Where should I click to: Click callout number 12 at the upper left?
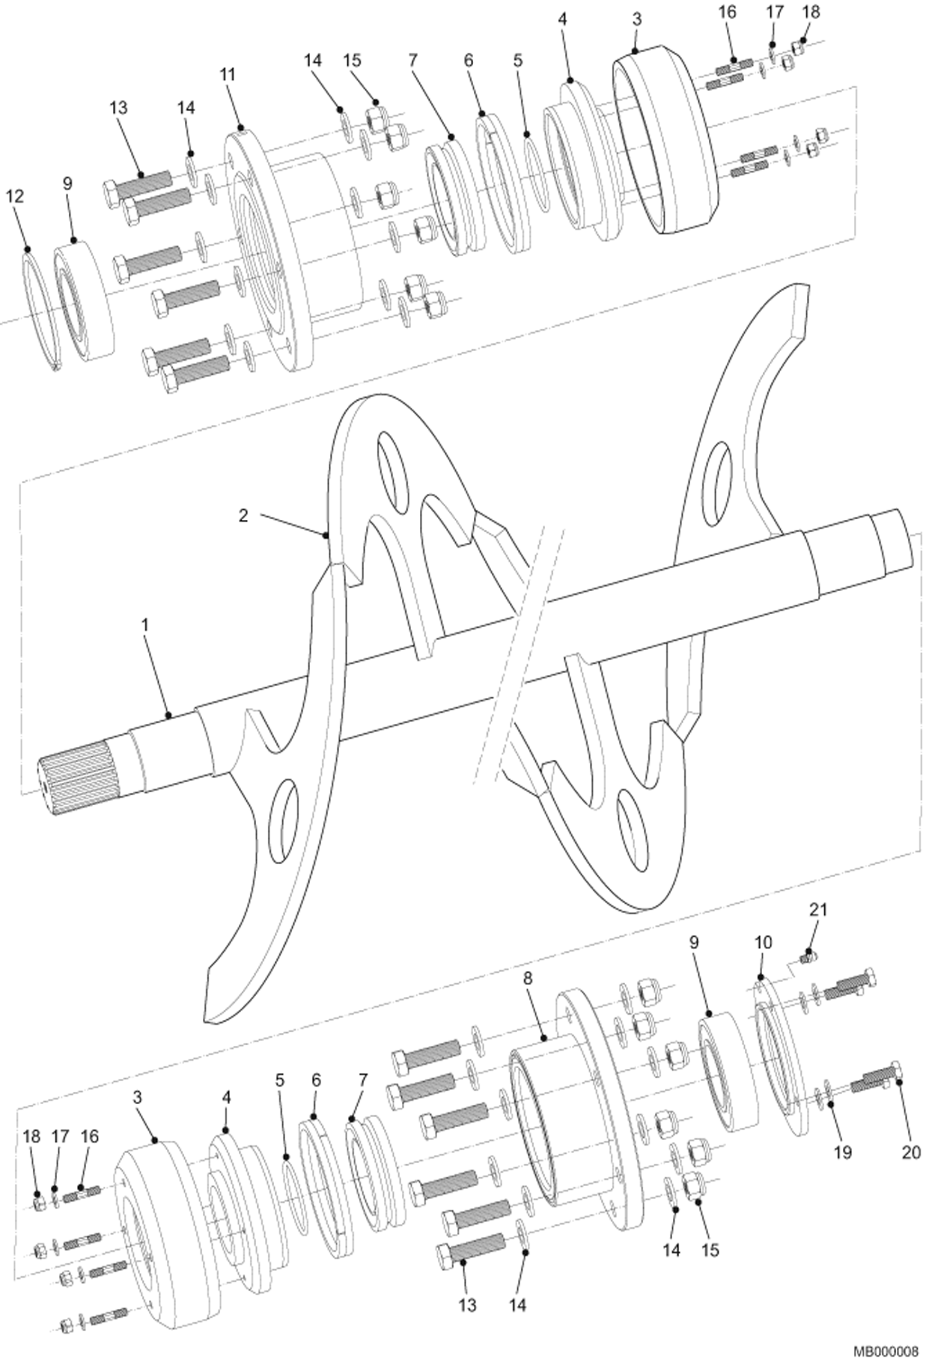(15, 196)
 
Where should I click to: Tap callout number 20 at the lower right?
(910, 1152)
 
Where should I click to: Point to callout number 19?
(842, 1152)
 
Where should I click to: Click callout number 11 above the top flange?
(228, 74)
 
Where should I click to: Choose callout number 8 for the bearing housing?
(528, 978)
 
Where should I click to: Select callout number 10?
(763, 942)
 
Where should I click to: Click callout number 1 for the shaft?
(145, 625)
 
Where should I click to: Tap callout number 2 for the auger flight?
(243, 515)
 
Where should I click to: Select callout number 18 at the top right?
(810, 12)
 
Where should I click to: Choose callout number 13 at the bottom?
(467, 1305)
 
